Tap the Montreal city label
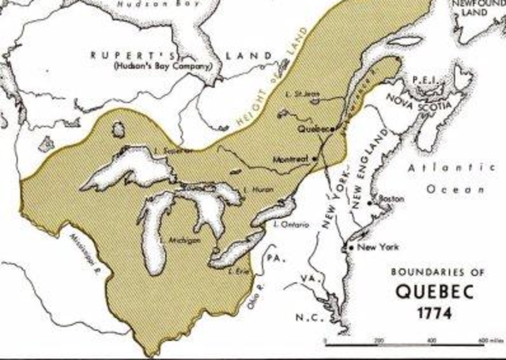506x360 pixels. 291,158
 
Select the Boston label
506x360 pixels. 392,198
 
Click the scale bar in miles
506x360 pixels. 410,341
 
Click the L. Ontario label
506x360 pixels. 289,225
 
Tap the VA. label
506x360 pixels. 309,278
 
